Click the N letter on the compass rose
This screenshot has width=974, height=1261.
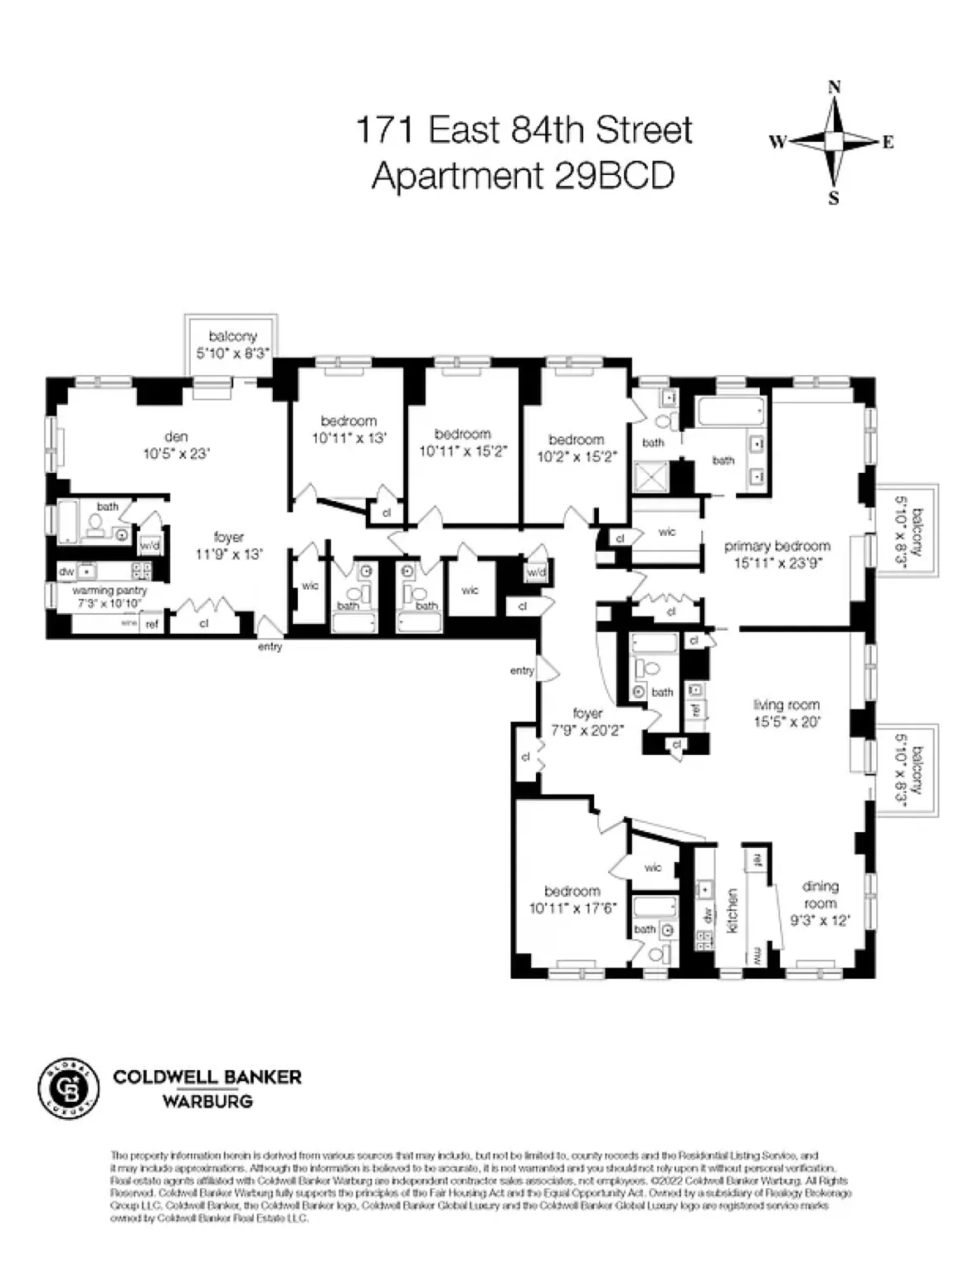pyautogui.click(x=835, y=87)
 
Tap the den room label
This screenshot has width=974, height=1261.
pyautogui.click(x=177, y=445)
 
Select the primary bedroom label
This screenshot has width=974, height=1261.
pyautogui.click(x=777, y=553)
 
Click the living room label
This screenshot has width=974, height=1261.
pyautogui.click(x=787, y=713)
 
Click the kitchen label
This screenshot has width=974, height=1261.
pyautogui.click(x=733, y=910)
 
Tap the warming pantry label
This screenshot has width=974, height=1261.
pyautogui.click(x=110, y=596)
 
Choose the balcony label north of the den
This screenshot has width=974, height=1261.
pyautogui.click(x=232, y=343)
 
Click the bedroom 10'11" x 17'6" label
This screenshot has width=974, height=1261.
pyautogui.click(x=572, y=899)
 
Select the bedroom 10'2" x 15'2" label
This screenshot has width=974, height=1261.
pyautogui.click(x=577, y=447)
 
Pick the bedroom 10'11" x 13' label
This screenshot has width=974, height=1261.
pyautogui.click(x=348, y=429)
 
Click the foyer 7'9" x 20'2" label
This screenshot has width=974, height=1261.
pyautogui.click(x=588, y=721)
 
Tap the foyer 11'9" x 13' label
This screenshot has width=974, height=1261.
pyautogui.click(x=227, y=545)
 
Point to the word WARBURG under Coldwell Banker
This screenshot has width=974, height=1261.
pyautogui.click(x=207, y=1103)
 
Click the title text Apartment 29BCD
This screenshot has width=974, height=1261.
pyautogui.click(x=523, y=175)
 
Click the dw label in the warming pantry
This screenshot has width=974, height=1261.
pyautogui.click(x=67, y=572)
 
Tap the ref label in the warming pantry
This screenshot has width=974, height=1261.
pyautogui.click(x=152, y=624)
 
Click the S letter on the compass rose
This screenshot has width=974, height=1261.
pyautogui.click(x=835, y=197)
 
